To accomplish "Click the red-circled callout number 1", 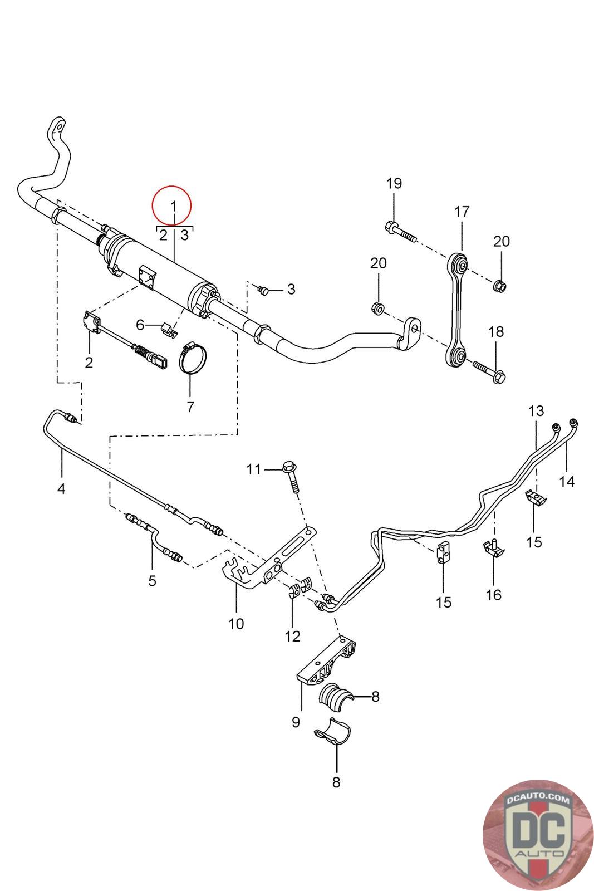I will point(173,206).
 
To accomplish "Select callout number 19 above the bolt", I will point(394,183).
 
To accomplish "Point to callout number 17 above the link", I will point(462,212).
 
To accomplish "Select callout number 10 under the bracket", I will point(236,623).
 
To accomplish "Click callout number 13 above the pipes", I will point(536,412).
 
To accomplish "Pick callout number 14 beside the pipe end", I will point(567,481).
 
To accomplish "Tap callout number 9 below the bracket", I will point(295,722).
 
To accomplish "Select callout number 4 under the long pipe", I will point(61,489).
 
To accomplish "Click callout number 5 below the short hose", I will point(152,581).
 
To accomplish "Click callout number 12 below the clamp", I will point(292,636).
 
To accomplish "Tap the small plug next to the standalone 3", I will point(263,290).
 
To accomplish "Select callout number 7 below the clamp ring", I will point(190,407).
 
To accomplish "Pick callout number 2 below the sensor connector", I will point(89,363).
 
